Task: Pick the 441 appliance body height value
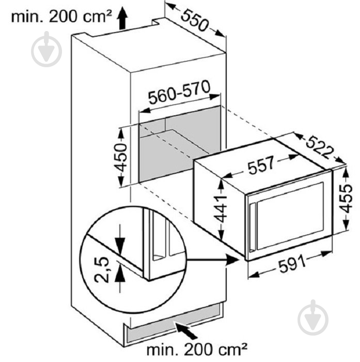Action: click(220, 209)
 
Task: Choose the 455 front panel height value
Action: click(347, 198)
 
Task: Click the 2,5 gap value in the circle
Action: click(101, 269)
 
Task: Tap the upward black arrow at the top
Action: click(122, 18)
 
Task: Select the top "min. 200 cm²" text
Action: click(61, 17)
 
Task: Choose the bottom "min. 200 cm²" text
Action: click(197, 350)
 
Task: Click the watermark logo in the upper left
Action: click(46, 49)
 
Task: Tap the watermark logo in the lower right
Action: click(313, 317)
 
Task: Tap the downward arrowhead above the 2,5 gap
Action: click(120, 245)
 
